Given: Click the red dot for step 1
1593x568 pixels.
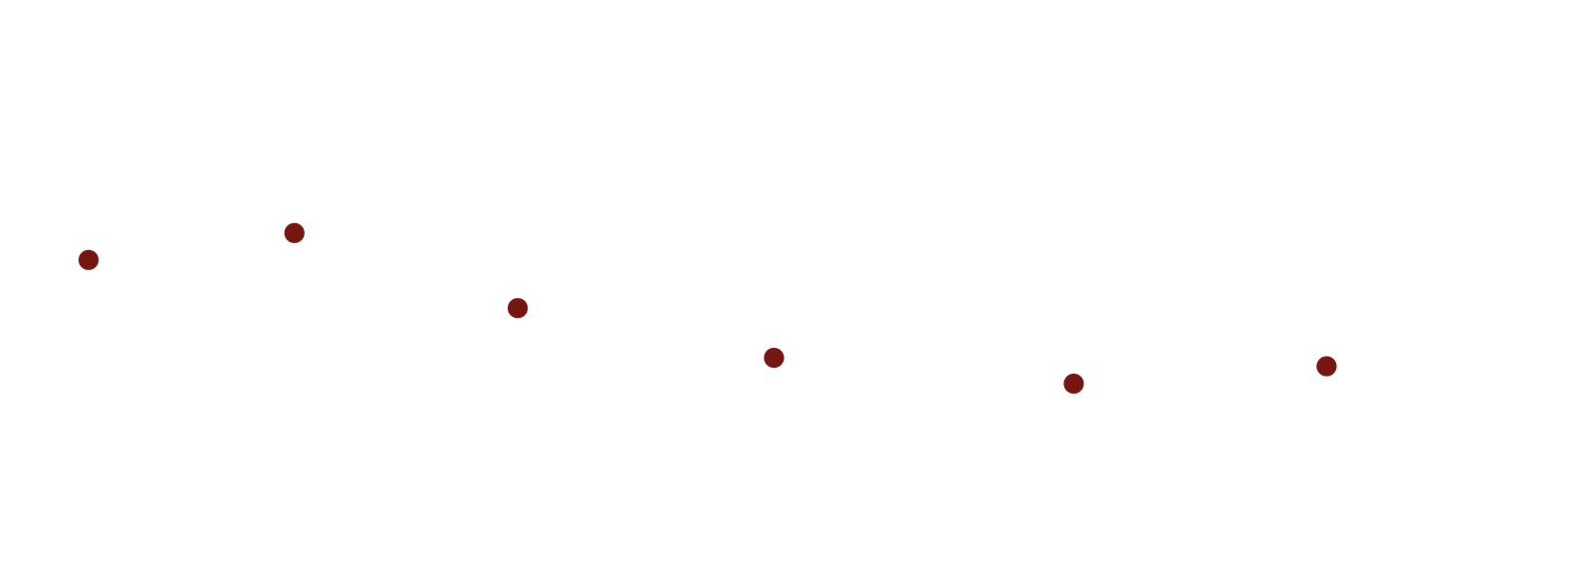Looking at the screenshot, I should pyautogui.click(x=89, y=260).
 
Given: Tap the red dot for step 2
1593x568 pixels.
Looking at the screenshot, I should pyautogui.click(x=294, y=233).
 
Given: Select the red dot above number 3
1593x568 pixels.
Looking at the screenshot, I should pyautogui.click(x=517, y=307).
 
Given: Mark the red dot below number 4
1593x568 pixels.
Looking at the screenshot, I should pyautogui.click(x=774, y=357).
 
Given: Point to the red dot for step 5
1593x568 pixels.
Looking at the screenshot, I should pyautogui.click(x=1072, y=383).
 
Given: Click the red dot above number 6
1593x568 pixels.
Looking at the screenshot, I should pyautogui.click(x=1325, y=366).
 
